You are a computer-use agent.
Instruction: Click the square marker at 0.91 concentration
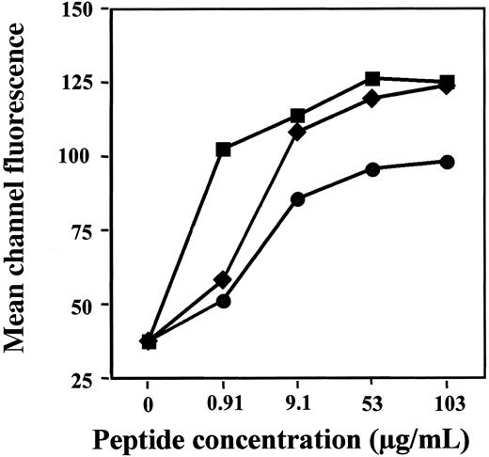tap(223, 150)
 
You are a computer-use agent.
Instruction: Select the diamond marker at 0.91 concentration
tap(223, 279)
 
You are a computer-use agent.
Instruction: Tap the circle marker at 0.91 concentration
tap(223, 301)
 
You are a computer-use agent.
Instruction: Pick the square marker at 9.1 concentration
tap(298, 116)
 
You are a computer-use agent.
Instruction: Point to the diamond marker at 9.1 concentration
tap(298, 132)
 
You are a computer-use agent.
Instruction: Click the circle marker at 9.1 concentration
tap(298, 198)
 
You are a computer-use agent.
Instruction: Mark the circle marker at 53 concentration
tap(372, 169)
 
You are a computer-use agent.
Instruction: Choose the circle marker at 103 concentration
tap(447, 162)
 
